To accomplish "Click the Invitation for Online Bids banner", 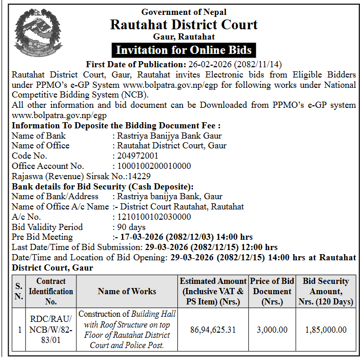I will point(184,50).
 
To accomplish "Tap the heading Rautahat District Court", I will point(184,24).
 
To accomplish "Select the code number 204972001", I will point(138,156).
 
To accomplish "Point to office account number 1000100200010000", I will point(154,166).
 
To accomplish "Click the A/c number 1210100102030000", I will point(154,217).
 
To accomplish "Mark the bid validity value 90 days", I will point(131,227).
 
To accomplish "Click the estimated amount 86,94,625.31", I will point(213,330).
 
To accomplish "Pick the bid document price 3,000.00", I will point(272,330).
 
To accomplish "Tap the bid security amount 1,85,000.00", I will point(325,330).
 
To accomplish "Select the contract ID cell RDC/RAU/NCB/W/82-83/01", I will point(51,330).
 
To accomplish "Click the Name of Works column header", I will point(127,291).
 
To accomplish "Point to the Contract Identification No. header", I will point(51,291).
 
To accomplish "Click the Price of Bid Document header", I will point(272,291).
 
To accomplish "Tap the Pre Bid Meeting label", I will point(42,237).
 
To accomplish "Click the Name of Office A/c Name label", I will point(61,206).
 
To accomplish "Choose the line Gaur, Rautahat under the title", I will point(184,37).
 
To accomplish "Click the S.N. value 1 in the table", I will point(19,330).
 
